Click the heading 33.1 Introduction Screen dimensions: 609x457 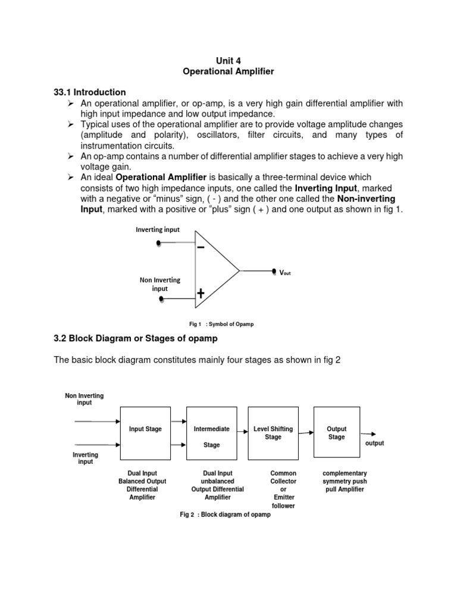pyautogui.click(x=90, y=92)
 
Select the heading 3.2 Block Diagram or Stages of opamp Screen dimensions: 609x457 pyautogui.click(x=136, y=338)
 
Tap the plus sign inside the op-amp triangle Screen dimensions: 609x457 pyautogui.click(x=201, y=293)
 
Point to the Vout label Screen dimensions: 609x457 pyautogui.click(x=285, y=272)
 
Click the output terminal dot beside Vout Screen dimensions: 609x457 pyautogui.click(x=274, y=270)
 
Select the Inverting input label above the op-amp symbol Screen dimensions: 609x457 pyautogui.click(x=158, y=230)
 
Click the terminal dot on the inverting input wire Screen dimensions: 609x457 pyautogui.click(x=158, y=243)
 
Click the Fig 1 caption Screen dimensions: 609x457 pyautogui.click(x=221, y=324)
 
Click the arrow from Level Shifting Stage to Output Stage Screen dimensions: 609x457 pyautogui.click(x=305, y=434)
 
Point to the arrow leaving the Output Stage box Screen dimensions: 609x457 pyautogui.click(x=368, y=434)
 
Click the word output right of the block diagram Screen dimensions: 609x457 pyautogui.click(x=374, y=444)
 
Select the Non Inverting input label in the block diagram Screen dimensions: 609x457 pyautogui.click(x=84, y=399)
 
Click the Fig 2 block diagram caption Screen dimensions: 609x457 pyautogui.click(x=225, y=514)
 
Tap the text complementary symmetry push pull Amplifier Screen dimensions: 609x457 pyautogui.click(x=345, y=481)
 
